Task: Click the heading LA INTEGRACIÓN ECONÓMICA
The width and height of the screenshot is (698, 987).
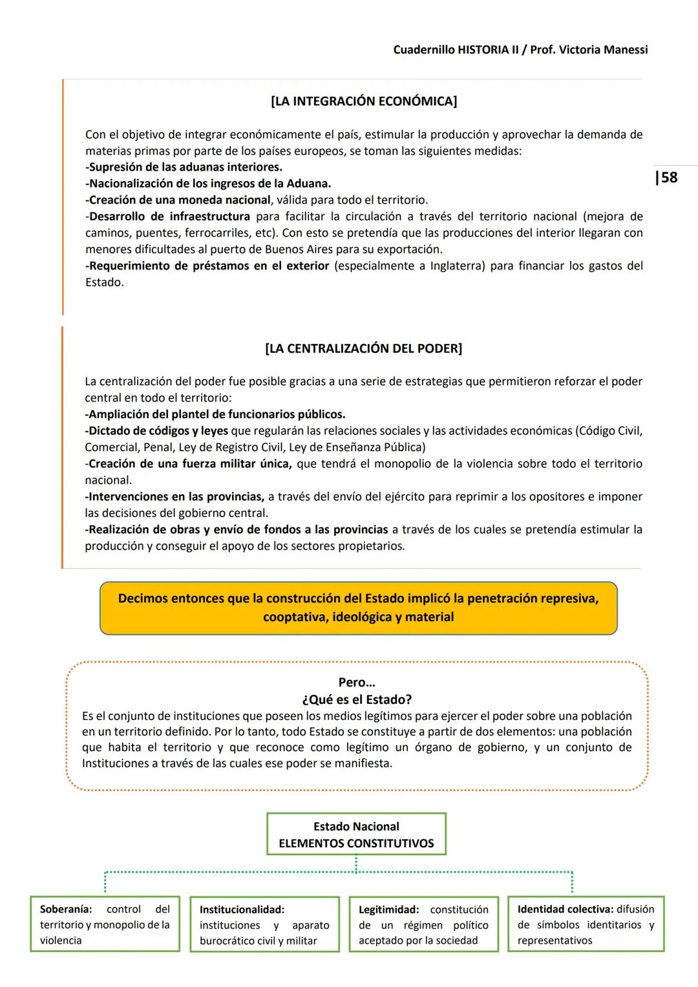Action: pyautogui.click(x=364, y=101)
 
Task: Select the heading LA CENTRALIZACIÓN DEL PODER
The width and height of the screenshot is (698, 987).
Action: pyautogui.click(x=364, y=348)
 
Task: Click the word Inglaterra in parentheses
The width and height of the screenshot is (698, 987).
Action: pyautogui.click(x=457, y=266)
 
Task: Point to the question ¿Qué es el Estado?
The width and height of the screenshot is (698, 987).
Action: pyautogui.click(x=356, y=699)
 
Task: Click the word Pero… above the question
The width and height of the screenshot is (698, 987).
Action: pyautogui.click(x=356, y=683)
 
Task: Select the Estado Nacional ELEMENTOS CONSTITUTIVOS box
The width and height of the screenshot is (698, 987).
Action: pyautogui.click(x=356, y=834)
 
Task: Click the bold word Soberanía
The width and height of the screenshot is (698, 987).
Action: pyautogui.click(x=65, y=909)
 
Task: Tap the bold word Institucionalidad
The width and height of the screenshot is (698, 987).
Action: pyautogui.click(x=242, y=909)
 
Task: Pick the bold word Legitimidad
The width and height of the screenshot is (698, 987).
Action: pyautogui.click(x=388, y=909)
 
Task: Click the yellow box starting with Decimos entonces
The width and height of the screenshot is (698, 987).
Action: pyautogui.click(x=358, y=608)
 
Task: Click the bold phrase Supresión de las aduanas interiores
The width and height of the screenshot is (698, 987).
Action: pyautogui.click(x=185, y=167)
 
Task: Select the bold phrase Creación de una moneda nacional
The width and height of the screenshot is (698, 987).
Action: pyautogui.click(x=180, y=200)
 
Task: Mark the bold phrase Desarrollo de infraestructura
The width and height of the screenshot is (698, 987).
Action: pyautogui.click(x=169, y=217)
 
